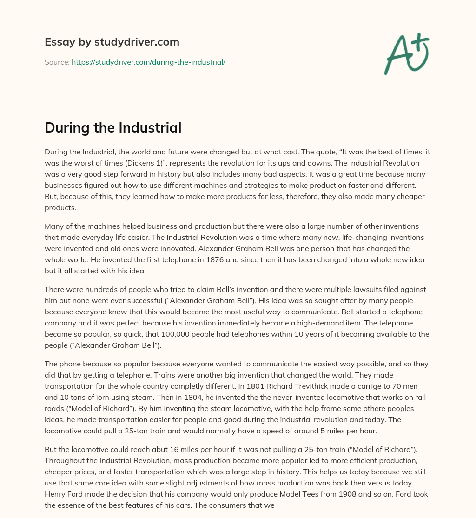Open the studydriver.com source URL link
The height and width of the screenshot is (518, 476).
(148, 62)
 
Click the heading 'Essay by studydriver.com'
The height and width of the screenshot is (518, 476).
(112, 42)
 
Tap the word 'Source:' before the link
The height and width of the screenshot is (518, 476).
(57, 62)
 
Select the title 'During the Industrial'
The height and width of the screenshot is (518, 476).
(113, 128)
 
